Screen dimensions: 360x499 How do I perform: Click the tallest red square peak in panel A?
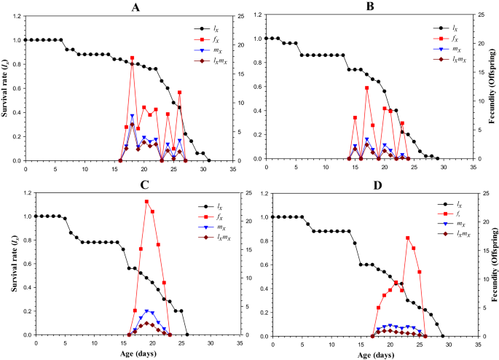(132, 58)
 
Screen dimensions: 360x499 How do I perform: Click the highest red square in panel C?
(146, 201)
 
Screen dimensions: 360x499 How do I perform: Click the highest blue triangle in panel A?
(132, 116)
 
